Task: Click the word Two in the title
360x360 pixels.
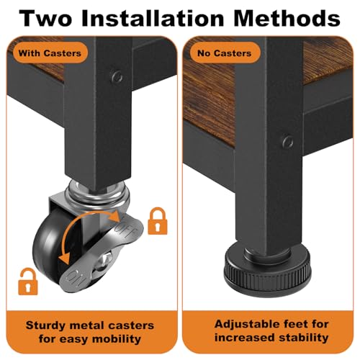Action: [46, 19]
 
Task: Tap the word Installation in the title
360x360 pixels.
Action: [153, 18]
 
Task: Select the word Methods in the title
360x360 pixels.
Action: [287, 18]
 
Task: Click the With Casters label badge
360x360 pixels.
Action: [50, 53]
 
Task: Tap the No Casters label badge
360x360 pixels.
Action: [225, 53]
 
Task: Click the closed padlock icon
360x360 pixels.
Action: [157, 221]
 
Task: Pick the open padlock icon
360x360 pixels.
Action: [29, 282]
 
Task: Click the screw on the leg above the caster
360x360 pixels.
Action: [117, 77]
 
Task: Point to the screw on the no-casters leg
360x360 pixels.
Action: [287, 142]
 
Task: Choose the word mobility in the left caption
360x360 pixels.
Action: [117, 339]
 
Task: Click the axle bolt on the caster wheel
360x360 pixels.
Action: [107, 258]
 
